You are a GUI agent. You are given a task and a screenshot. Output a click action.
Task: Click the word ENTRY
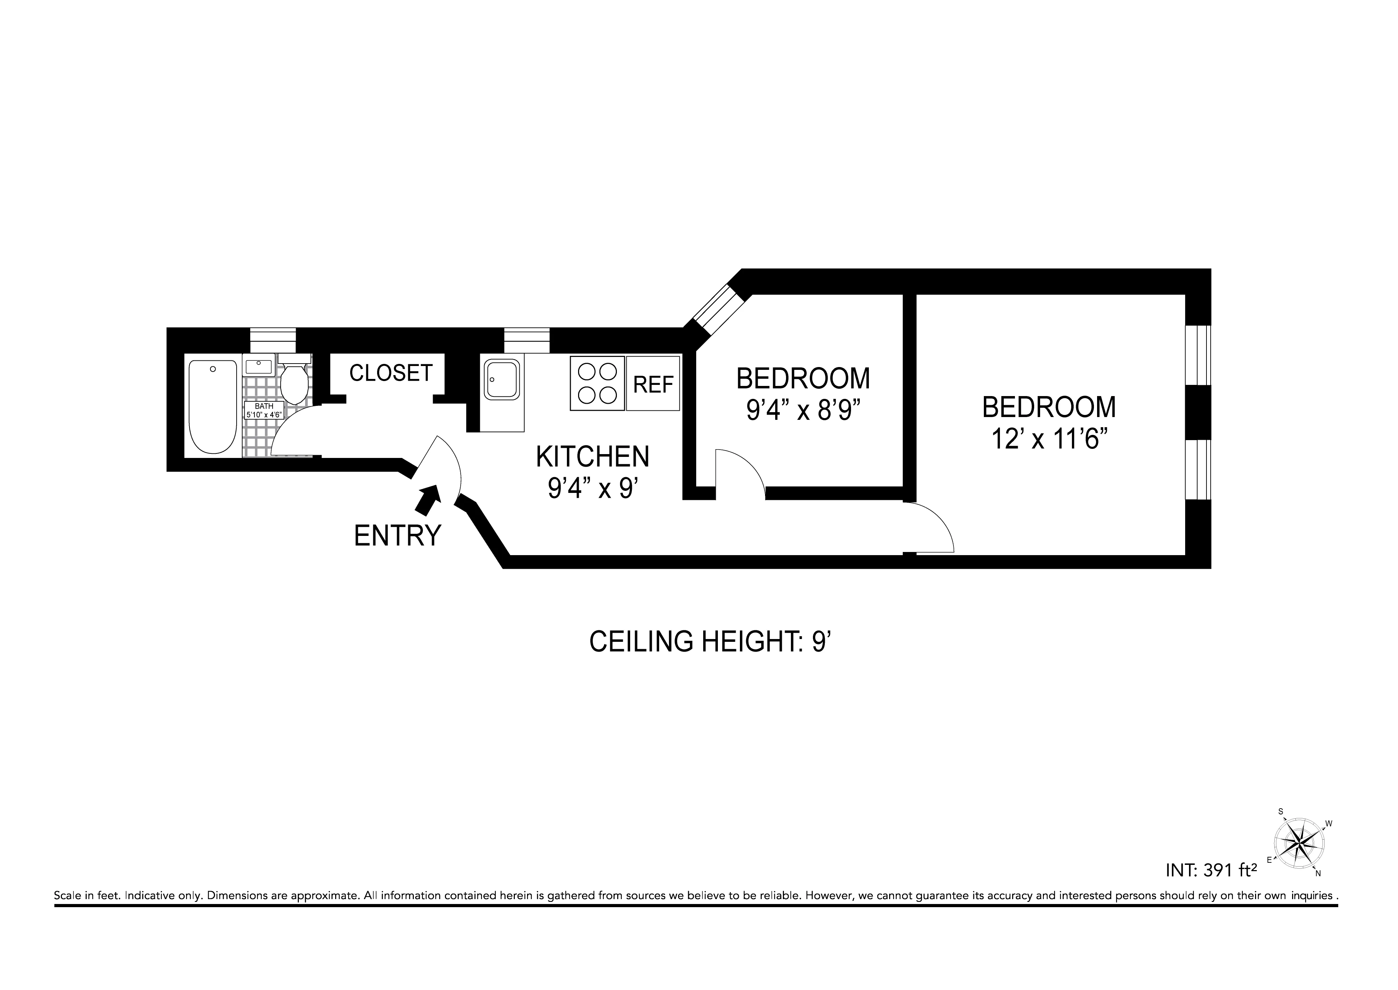click(x=397, y=536)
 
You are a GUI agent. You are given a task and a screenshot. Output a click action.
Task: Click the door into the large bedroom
click(x=928, y=527)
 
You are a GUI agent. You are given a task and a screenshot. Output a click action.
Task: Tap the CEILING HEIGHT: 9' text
click(x=711, y=642)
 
